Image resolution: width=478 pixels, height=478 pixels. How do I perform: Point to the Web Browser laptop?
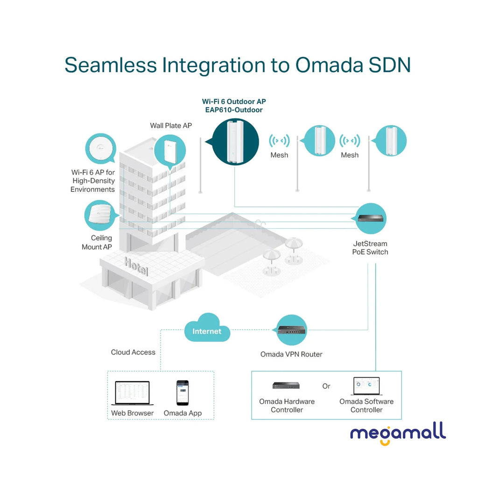[x=132, y=393]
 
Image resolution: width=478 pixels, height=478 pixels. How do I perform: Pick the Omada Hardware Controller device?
[x=286, y=385]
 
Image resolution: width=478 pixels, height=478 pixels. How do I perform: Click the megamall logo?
[x=398, y=433]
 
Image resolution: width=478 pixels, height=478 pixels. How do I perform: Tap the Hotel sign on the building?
[x=136, y=266]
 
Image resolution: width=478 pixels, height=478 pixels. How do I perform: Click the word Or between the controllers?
[x=326, y=386]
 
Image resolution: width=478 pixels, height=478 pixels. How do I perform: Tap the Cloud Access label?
[x=133, y=352]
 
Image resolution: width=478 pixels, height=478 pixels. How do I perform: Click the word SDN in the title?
[x=387, y=65]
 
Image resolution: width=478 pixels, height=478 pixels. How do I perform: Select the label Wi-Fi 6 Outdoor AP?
[x=234, y=101]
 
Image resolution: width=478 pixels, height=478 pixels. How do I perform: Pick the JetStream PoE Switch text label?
[x=370, y=247]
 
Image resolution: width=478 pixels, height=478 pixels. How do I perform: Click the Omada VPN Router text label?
[x=291, y=354]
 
